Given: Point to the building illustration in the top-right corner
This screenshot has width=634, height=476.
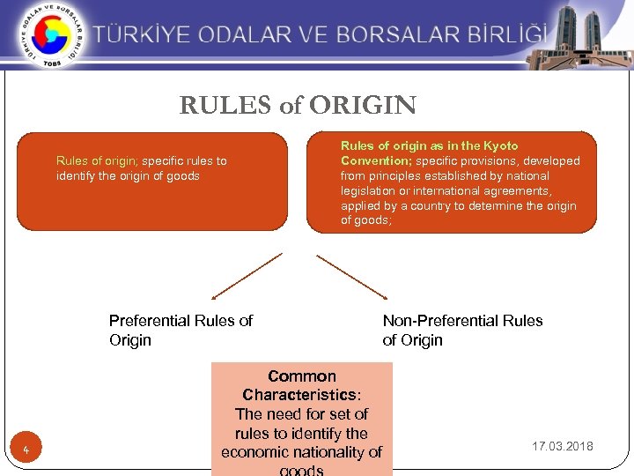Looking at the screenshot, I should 580,35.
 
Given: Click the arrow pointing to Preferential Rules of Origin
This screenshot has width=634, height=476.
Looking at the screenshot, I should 247,277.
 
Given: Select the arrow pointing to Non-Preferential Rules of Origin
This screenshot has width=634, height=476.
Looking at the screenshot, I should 352,277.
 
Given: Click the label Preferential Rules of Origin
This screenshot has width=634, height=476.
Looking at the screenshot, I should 181,331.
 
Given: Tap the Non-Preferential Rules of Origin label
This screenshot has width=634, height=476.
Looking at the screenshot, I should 462,331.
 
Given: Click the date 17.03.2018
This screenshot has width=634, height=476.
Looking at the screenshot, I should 563,446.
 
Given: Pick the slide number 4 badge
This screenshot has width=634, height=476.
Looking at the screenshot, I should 27,452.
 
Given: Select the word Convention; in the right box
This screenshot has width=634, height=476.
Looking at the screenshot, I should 376,160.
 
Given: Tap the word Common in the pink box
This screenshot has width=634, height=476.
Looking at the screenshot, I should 302,376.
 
